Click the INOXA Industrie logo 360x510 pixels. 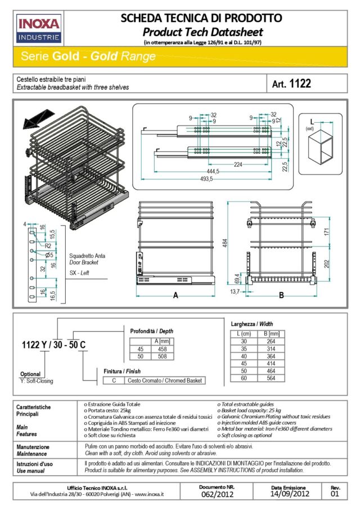point(39,29)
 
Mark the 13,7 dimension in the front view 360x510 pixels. point(235,292)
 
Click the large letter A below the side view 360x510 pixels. point(175,294)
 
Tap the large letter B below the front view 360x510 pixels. point(281,294)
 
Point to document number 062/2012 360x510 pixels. point(217,494)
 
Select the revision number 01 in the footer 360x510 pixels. point(335,494)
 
